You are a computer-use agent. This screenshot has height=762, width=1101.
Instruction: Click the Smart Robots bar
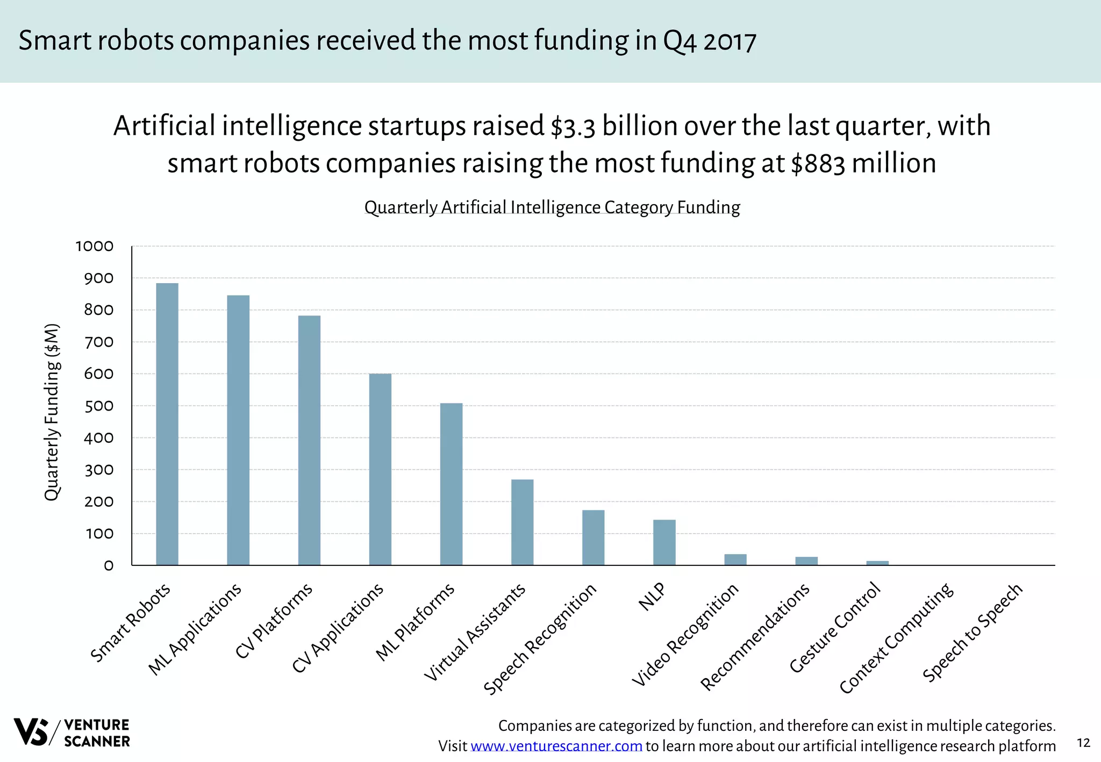167,424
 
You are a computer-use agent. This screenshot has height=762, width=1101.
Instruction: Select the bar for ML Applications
238,430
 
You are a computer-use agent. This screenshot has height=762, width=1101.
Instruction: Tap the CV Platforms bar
309,440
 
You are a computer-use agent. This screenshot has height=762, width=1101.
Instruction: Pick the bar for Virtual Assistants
522,522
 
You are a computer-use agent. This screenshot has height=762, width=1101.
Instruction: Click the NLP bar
664,542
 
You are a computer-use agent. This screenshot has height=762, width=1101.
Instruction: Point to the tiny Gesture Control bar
877,563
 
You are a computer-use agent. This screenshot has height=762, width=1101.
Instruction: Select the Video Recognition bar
735,559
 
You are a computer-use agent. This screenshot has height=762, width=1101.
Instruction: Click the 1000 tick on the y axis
95,247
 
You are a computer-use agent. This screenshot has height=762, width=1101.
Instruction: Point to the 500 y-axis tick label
99,406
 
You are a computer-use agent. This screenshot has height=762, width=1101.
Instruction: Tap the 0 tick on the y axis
109,566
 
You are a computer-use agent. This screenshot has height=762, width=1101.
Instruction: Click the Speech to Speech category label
973,633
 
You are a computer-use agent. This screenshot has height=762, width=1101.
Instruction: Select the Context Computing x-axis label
897,639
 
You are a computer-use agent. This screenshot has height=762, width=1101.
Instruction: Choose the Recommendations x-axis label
755,637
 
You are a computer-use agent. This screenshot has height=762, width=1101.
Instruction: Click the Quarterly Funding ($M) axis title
52,412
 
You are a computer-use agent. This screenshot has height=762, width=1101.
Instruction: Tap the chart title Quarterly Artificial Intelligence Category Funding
552,207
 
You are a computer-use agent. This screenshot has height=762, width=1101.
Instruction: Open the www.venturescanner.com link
556,746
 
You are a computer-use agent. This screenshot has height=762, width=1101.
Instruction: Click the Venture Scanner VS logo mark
31,732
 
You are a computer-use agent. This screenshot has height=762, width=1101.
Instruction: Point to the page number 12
1083,743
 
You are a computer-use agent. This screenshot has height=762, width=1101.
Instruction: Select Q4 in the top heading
680,41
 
